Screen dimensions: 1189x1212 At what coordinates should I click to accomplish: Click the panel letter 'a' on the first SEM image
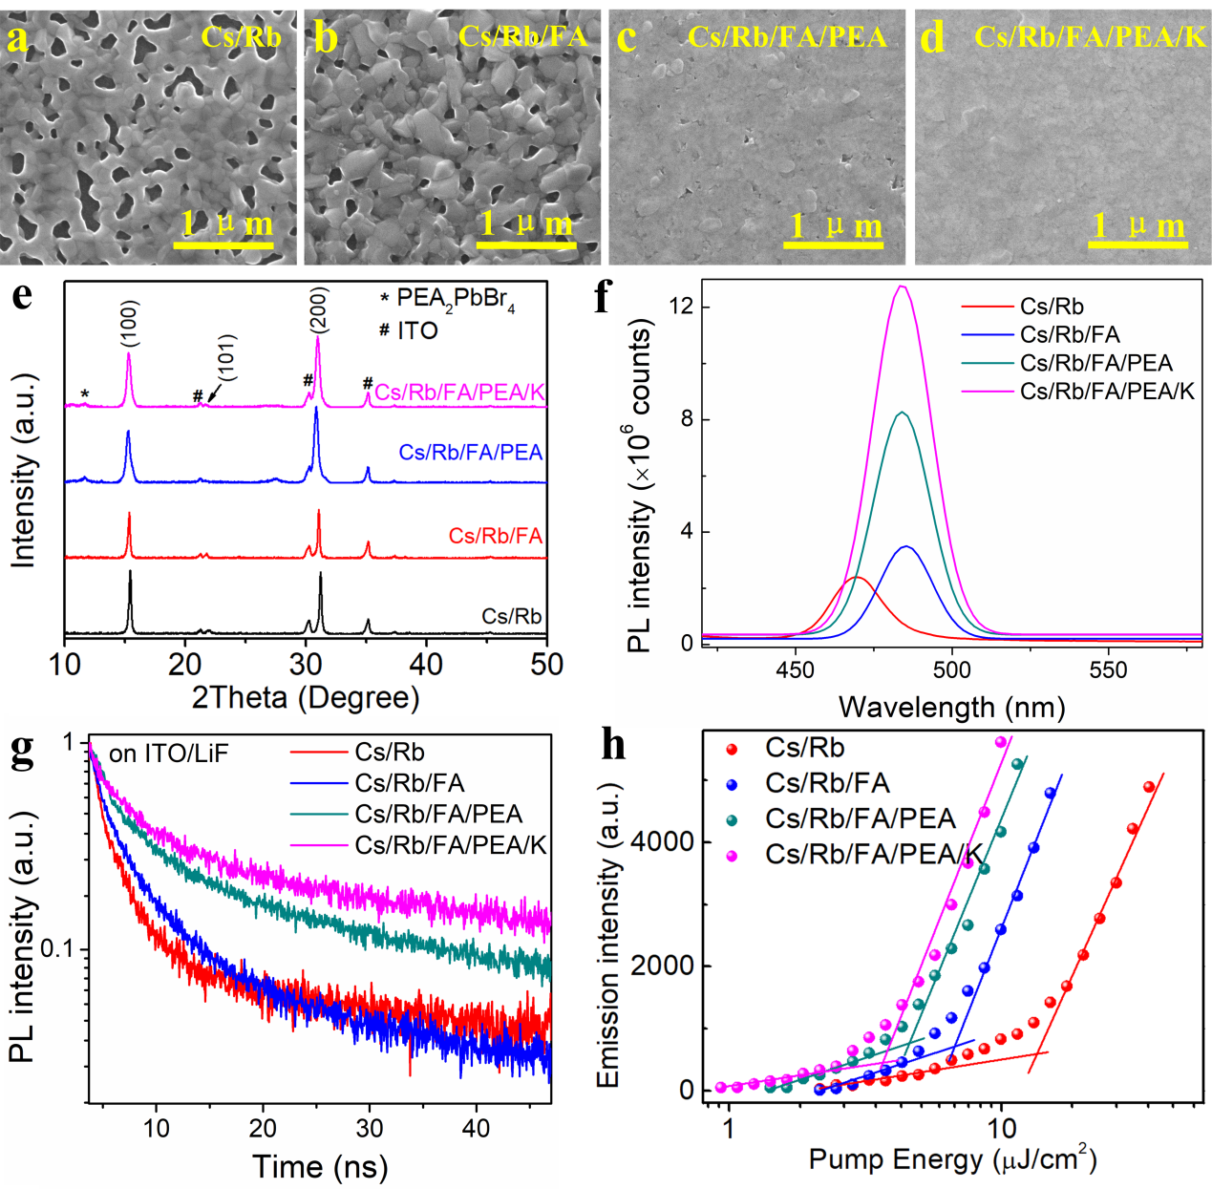[18, 39]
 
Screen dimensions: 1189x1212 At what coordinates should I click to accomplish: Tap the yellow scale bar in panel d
[1137, 244]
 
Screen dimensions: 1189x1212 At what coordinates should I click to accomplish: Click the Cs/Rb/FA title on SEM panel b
[522, 36]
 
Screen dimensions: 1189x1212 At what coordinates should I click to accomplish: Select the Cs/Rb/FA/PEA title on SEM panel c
[787, 37]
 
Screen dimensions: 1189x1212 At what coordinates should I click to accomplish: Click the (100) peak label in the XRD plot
[130, 323]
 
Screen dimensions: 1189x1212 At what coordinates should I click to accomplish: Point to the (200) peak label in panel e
[318, 311]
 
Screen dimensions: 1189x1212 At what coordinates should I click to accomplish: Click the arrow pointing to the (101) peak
[214, 392]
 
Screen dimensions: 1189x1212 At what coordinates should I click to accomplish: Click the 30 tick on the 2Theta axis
[306, 664]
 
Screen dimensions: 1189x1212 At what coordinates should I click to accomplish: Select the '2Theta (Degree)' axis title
[306, 697]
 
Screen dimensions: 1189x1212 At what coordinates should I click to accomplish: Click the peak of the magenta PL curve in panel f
[902, 286]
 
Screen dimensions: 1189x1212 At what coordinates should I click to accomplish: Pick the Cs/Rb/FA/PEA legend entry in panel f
[1095, 363]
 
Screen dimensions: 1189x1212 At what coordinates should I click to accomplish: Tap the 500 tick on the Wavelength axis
[951, 669]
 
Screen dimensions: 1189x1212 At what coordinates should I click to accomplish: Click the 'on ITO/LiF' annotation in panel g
[168, 754]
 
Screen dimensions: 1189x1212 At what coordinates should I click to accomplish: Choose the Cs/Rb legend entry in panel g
[389, 753]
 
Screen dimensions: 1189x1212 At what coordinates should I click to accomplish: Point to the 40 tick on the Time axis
[475, 1128]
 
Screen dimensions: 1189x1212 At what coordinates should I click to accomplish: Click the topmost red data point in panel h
[1149, 787]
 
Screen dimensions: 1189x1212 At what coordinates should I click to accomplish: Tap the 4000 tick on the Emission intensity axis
[661, 841]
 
